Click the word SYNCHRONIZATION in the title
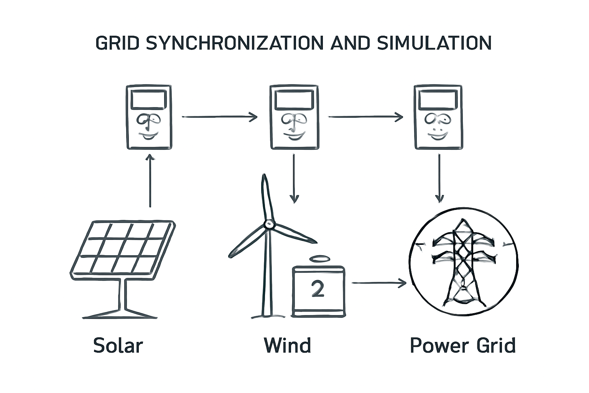pos(235,43)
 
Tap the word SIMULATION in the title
pos(434,43)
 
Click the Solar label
pos(118,345)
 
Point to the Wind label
pos(287,345)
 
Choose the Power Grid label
pos(462,345)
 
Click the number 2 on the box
pos(318,289)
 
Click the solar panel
pos(123,248)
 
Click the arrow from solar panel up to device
pos(150,180)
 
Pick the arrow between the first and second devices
pos(219,117)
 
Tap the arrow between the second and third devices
pos(365,117)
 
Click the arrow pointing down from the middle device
pos(294,178)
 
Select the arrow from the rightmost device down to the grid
pos(439,178)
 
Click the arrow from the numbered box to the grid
pos(379,283)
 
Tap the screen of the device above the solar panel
pos(149,100)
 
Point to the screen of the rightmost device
pos(438,100)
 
